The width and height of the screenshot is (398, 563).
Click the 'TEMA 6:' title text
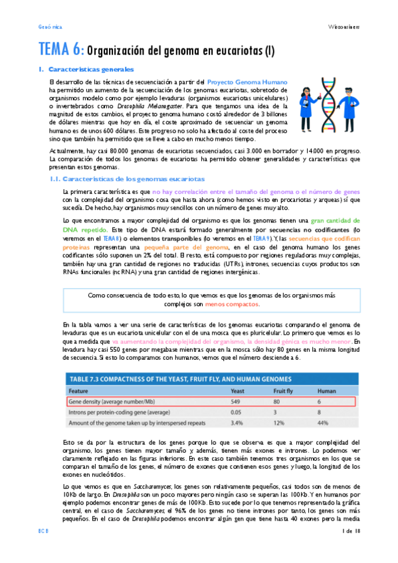pos(61,49)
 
